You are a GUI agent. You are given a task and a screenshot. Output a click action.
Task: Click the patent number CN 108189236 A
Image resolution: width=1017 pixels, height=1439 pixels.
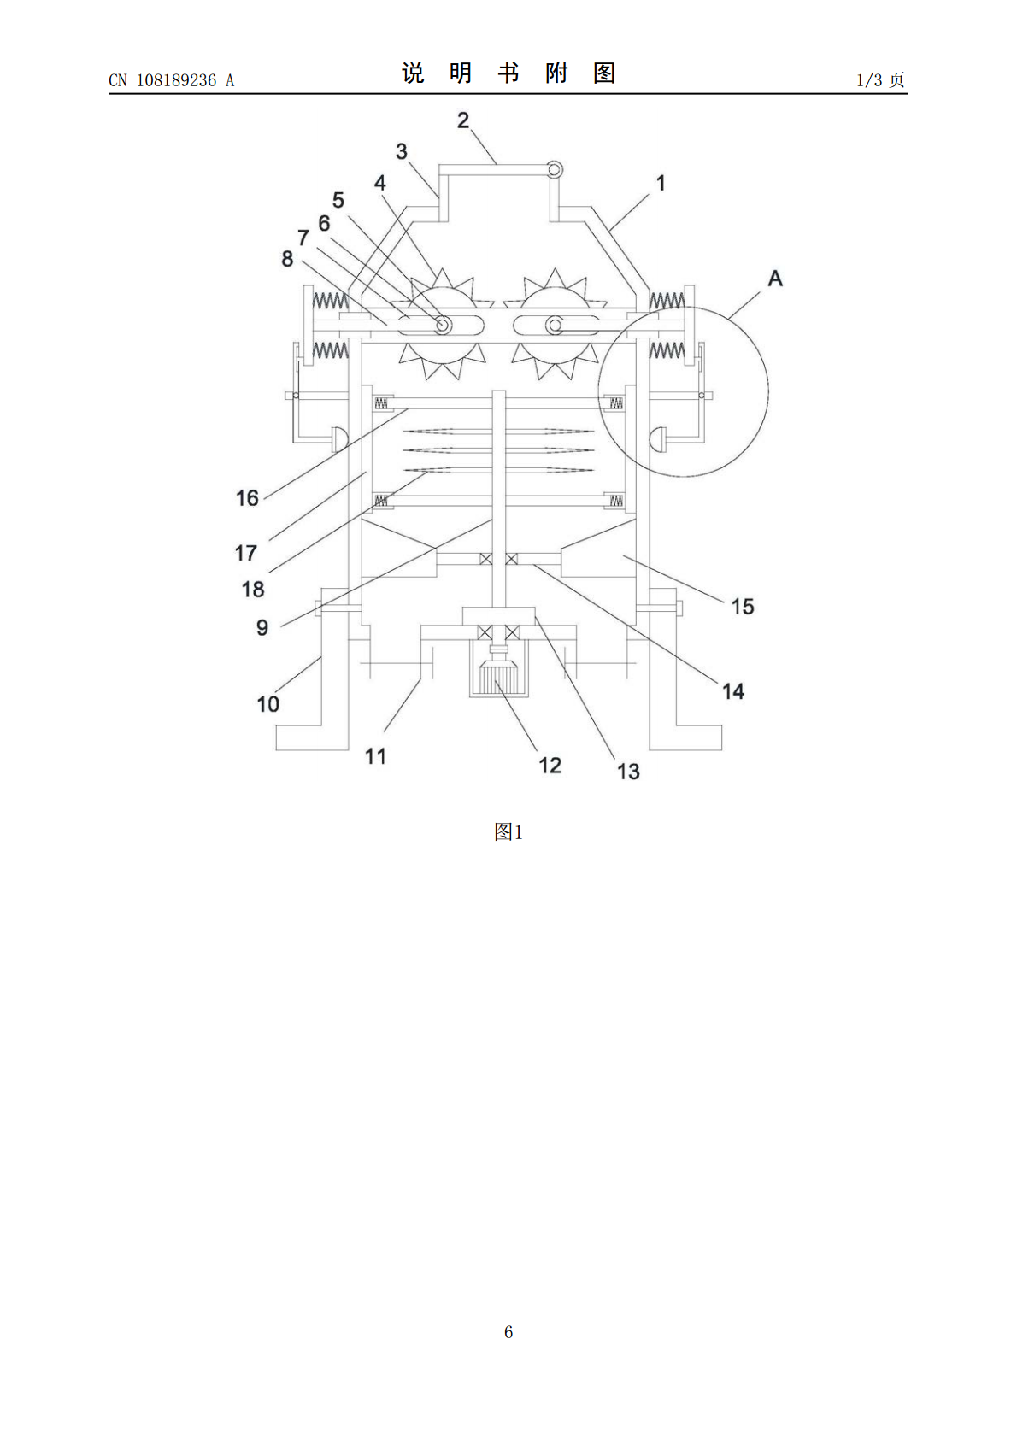pyautogui.click(x=172, y=80)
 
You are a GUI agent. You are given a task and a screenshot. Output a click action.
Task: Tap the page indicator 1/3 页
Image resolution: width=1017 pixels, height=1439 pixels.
pyautogui.click(x=881, y=79)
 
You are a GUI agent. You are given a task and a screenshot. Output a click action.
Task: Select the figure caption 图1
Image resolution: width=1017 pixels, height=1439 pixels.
pyautogui.click(x=508, y=832)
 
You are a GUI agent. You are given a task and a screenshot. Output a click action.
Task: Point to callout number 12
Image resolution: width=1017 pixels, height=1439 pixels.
pyautogui.click(x=550, y=765)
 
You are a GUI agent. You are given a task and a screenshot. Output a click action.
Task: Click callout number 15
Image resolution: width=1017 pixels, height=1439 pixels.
pyautogui.click(x=743, y=607)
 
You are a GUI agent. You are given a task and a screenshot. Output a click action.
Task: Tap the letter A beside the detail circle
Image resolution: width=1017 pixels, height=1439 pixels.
pyautogui.click(x=775, y=279)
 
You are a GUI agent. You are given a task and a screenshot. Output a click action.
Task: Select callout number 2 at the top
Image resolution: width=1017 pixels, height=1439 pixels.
pyautogui.click(x=463, y=120)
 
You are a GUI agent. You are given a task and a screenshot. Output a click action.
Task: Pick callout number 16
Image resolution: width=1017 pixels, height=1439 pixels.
pyautogui.click(x=247, y=498)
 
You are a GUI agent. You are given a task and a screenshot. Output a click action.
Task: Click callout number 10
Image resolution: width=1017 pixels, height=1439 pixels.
pyautogui.click(x=267, y=704)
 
